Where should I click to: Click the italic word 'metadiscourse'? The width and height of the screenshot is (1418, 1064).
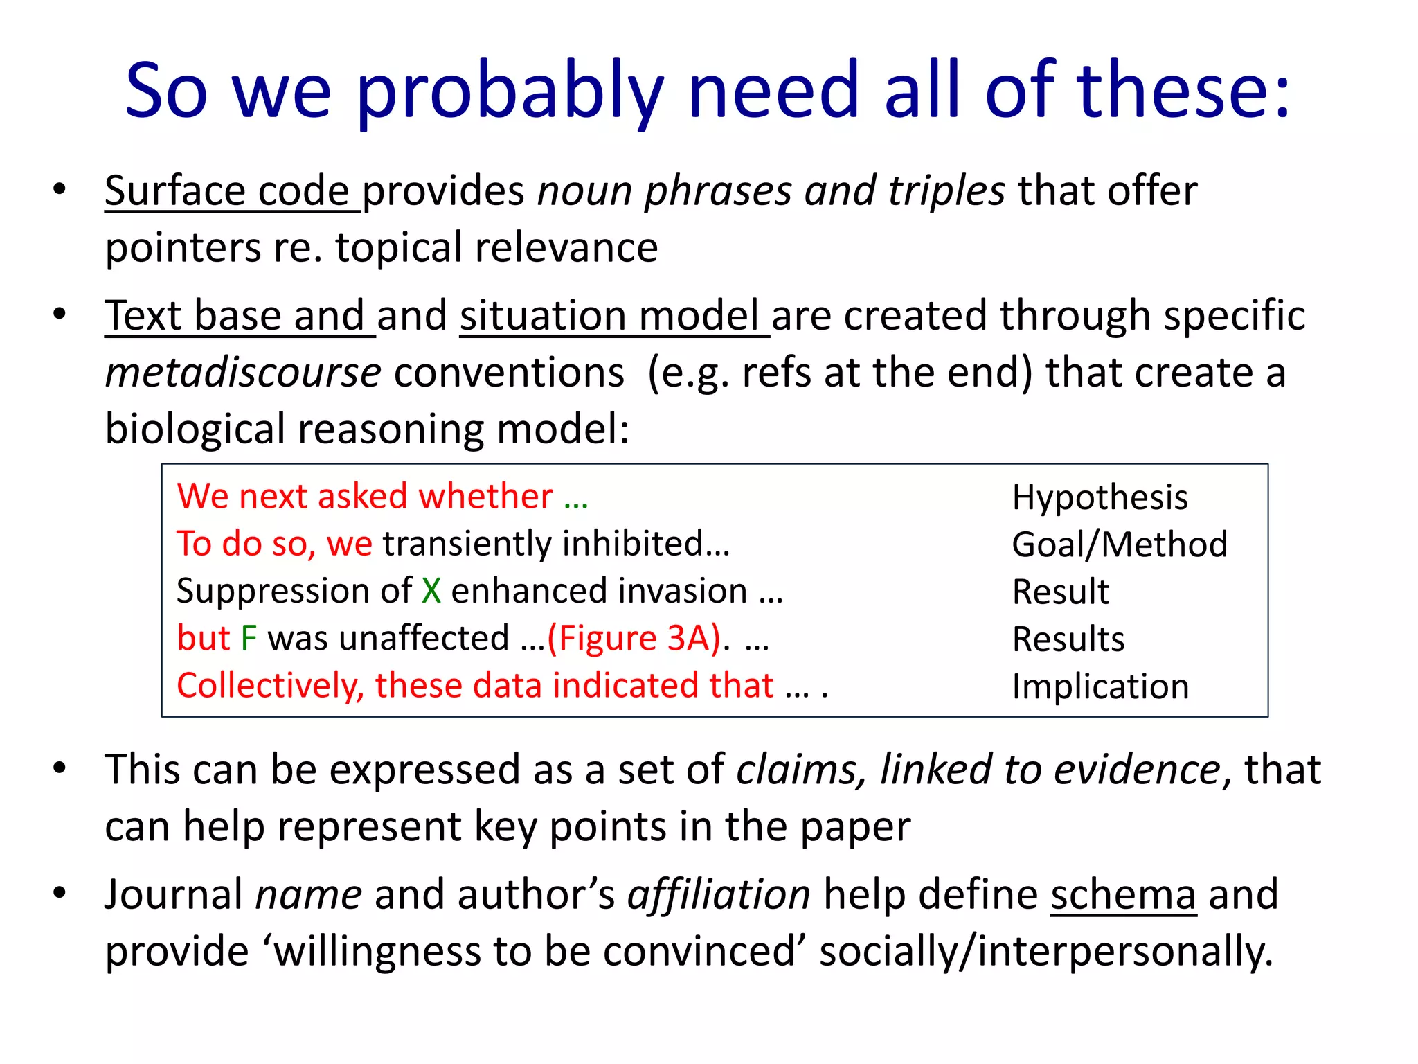coord(243,373)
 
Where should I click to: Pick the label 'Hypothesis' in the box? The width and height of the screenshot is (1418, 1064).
coord(1100,497)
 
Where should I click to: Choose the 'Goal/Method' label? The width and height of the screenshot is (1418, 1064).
coord(1119,544)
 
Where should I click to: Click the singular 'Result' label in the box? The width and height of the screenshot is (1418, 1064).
coord(1060,592)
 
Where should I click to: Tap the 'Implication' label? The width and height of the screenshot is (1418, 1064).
coord(1100,686)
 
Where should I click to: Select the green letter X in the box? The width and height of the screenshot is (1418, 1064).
coord(431,592)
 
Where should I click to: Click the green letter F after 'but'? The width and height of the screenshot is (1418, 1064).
coord(249,639)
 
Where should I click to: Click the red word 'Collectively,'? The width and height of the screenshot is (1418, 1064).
coord(270,686)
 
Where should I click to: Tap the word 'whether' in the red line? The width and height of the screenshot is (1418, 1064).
coord(485,497)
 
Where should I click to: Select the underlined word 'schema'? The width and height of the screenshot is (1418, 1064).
coord(1123,895)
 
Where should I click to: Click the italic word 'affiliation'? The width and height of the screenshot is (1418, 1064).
coord(719,895)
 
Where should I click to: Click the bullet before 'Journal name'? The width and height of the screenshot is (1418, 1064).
coord(60,892)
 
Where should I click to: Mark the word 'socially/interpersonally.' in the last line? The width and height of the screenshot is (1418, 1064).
coord(1045,952)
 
